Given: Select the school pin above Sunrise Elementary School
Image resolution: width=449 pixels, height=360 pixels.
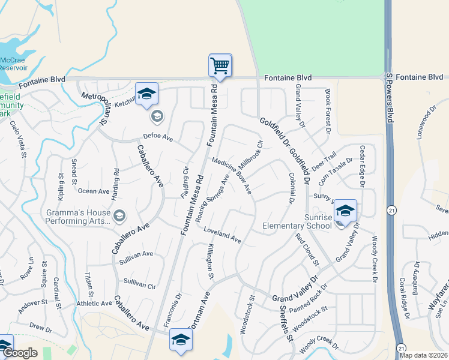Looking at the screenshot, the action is (345, 211).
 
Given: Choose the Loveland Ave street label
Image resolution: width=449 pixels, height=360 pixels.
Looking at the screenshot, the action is (222, 235).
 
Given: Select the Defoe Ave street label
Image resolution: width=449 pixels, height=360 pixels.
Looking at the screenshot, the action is (158, 139).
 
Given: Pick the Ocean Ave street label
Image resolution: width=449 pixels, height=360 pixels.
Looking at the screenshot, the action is (94, 191).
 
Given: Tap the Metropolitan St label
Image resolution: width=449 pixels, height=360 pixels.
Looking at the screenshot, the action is (94, 108).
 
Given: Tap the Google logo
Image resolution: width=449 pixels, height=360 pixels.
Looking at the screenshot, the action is (20, 353).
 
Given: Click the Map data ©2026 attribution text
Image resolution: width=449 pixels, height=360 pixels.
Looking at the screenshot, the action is (423, 355).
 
